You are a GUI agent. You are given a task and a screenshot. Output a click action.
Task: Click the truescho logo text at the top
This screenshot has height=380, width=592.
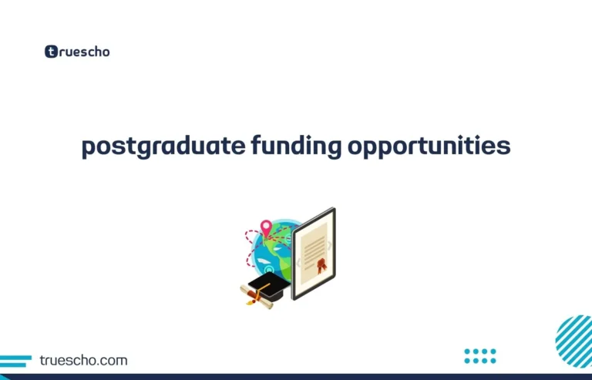tap(83, 52)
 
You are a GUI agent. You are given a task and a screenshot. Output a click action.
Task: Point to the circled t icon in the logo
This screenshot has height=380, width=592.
tap(52, 52)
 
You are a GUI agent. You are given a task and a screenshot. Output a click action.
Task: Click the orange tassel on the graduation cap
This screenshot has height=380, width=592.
tap(251, 299)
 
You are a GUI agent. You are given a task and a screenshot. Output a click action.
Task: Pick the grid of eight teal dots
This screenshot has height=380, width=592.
tap(480, 355)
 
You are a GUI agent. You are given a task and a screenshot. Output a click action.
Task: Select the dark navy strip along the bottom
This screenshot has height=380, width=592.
tap(296, 377)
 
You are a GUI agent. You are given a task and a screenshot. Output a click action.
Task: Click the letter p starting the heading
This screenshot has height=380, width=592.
tap(88, 147)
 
